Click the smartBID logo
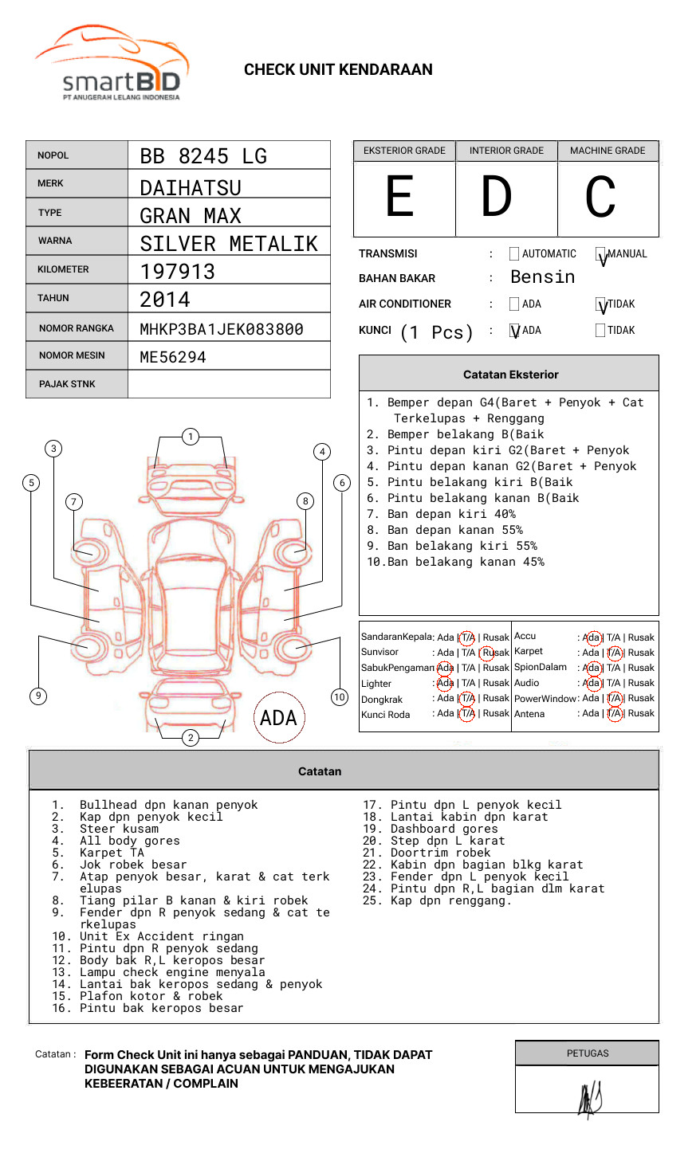point(112,65)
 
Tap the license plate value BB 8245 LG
point(203,156)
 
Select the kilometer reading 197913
point(178,272)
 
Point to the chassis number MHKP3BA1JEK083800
point(222,329)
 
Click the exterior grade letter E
point(400,197)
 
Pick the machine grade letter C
point(600,197)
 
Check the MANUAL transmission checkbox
point(600,254)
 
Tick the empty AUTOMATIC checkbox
point(514,254)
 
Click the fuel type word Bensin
point(542,277)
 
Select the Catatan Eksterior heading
point(510,375)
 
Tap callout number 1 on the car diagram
point(190,437)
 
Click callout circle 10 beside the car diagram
point(340,697)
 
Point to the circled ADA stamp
point(278,718)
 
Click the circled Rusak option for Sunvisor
point(494,653)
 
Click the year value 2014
point(165,300)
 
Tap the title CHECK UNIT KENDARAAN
point(338,70)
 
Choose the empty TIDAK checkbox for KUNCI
point(600,331)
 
